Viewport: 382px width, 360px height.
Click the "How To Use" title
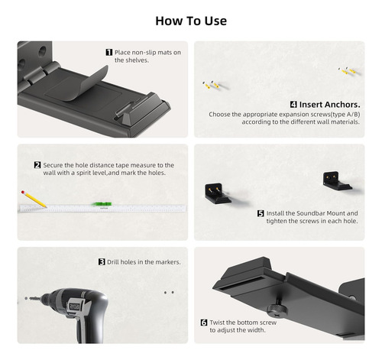[x=191, y=21]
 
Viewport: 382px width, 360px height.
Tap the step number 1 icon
[x=109, y=52]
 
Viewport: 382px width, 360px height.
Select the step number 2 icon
[x=37, y=165]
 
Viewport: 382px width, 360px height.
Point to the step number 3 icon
[x=102, y=262]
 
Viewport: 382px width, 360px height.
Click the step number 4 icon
[x=293, y=105]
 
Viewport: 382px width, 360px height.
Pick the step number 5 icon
[x=261, y=213]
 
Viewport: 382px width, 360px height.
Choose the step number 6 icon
[x=204, y=323]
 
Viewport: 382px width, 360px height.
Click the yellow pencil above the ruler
[x=34, y=199]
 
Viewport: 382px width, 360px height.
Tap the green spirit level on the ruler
[x=102, y=204]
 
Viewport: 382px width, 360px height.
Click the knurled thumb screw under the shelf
[x=277, y=310]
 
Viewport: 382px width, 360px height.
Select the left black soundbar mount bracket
[x=218, y=193]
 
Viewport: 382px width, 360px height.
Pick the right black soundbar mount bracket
[x=337, y=181]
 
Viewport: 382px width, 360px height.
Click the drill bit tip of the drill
[x=26, y=298]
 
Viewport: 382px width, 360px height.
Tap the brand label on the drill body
[x=74, y=306]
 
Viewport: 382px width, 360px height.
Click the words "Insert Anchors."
[x=330, y=105]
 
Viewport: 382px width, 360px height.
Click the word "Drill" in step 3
[x=113, y=262]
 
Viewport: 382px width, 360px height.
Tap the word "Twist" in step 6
[x=217, y=323]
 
